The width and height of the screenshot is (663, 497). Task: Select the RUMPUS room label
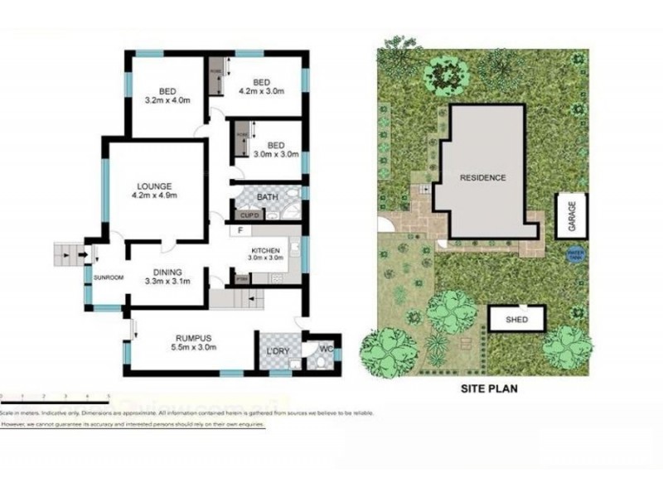[x=196, y=337]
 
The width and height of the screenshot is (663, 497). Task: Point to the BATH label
[x=267, y=197]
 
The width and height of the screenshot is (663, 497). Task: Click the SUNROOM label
[x=108, y=277]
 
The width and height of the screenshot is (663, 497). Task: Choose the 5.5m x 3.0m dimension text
[x=196, y=348]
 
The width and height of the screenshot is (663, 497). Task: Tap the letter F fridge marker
[x=240, y=229]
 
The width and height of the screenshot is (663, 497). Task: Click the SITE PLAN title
[x=489, y=387]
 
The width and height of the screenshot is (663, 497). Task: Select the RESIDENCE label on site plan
[x=483, y=177]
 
